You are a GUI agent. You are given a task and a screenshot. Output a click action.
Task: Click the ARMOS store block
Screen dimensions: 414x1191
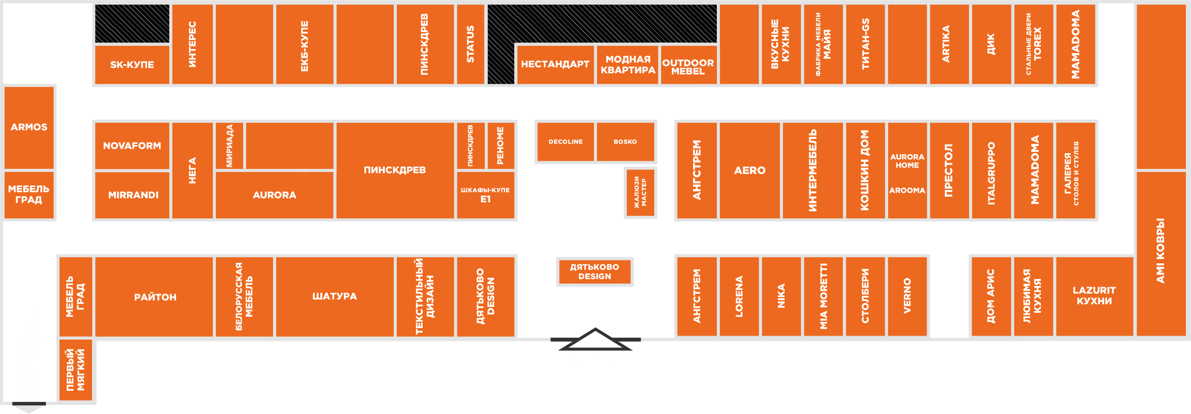[x=29, y=127]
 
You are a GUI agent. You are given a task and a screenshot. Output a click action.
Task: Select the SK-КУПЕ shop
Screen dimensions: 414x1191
[x=132, y=65]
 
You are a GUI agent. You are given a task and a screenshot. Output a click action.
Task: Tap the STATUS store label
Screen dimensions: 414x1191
[x=470, y=44]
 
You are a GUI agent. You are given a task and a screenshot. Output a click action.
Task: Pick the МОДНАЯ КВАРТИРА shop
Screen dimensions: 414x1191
[x=627, y=65]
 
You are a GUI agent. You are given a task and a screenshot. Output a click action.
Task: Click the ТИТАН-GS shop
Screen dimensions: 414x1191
[x=865, y=44]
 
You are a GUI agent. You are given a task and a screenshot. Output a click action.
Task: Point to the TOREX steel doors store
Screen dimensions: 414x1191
[x=1033, y=44]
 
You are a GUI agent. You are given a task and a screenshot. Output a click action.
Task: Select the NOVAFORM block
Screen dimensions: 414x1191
[x=132, y=146]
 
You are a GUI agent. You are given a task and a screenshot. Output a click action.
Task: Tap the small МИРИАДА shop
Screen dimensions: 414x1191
[x=230, y=146]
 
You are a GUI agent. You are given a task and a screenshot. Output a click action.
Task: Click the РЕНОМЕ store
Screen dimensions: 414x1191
[x=500, y=146]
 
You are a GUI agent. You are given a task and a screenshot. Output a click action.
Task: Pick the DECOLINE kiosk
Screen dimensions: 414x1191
[x=565, y=142]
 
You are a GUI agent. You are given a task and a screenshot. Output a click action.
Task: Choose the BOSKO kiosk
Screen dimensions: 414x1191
[x=625, y=142]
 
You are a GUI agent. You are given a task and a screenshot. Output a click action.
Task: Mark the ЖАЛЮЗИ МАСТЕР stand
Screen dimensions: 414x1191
[x=640, y=193]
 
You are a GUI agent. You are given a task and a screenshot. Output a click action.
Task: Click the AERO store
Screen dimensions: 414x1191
[x=749, y=170]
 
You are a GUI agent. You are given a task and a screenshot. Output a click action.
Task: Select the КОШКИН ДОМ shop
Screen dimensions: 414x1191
[x=865, y=170]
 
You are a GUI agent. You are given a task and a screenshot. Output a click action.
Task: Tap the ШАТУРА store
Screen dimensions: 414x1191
[x=334, y=296]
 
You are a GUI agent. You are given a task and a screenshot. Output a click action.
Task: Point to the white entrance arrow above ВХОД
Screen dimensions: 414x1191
[x=595, y=339]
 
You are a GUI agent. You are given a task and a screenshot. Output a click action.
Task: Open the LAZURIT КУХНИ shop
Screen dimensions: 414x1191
[x=1094, y=296]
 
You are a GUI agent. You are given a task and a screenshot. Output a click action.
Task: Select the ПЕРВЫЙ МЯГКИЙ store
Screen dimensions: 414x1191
[x=75, y=370]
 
